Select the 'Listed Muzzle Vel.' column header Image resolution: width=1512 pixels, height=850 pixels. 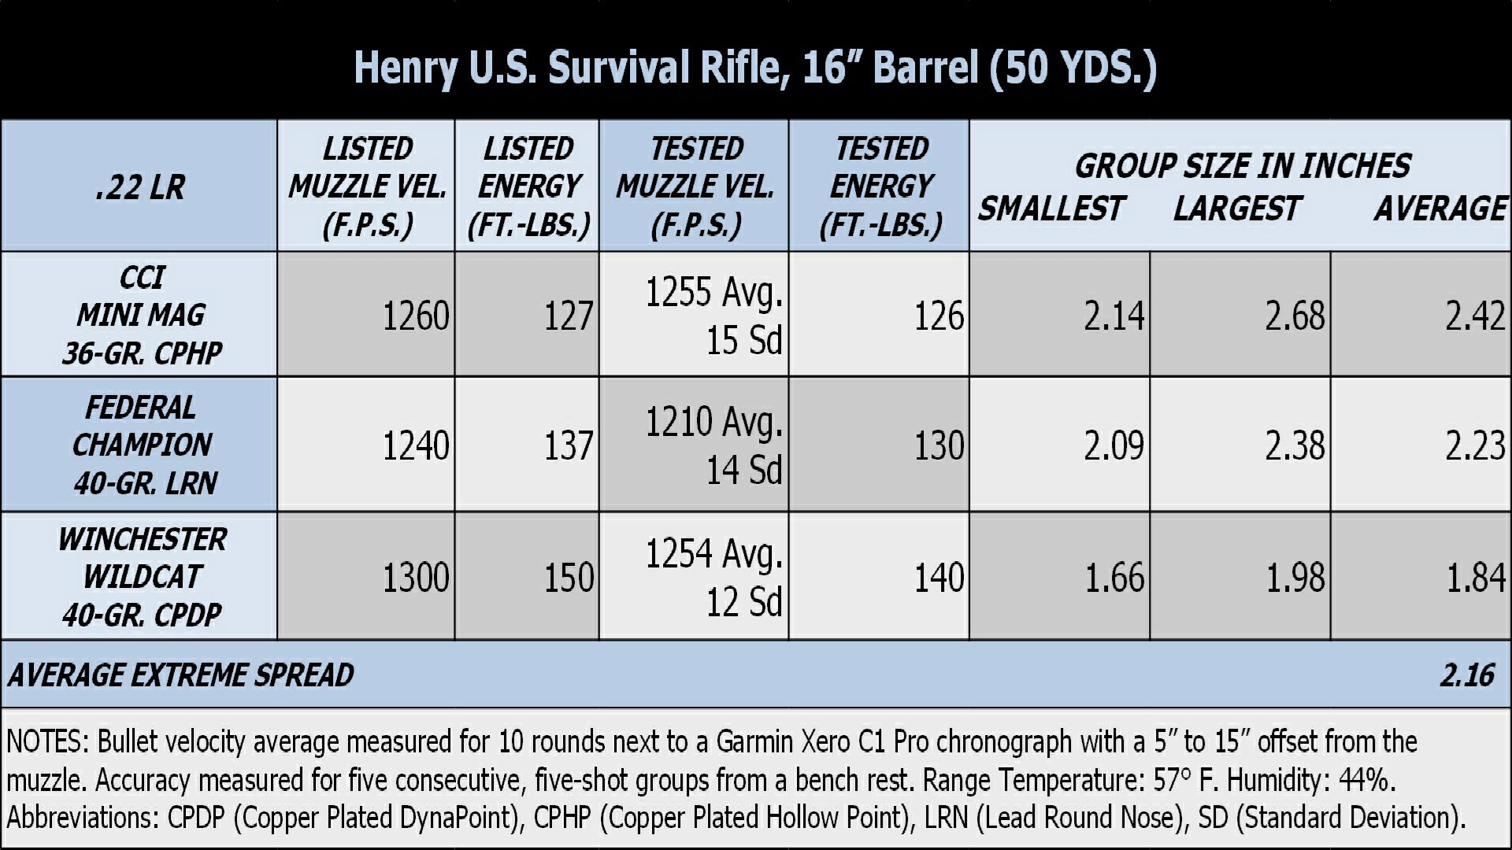point(367,187)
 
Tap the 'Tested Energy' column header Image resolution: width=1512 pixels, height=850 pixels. point(880,187)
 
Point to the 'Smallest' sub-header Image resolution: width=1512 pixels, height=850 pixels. point(1051,209)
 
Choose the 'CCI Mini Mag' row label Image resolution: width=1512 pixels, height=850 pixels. point(141,315)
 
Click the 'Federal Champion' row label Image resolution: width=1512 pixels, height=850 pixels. point(142,445)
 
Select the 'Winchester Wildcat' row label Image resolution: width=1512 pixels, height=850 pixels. point(142,576)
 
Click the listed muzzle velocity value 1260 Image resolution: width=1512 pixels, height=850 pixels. point(415,316)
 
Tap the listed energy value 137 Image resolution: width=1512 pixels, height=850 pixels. point(568,446)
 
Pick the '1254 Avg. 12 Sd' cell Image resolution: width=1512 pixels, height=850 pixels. point(713,577)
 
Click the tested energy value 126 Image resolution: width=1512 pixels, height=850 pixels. point(938,316)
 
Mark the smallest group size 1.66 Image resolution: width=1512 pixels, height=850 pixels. point(1114,578)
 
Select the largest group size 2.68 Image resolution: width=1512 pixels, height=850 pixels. point(1294,316)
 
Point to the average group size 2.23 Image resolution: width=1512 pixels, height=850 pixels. point(1474,446)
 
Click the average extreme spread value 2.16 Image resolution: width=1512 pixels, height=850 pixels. point(1466,675)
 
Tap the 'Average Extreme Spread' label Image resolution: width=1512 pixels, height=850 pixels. point(181,675)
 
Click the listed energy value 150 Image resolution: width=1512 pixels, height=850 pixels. point(568,578)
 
